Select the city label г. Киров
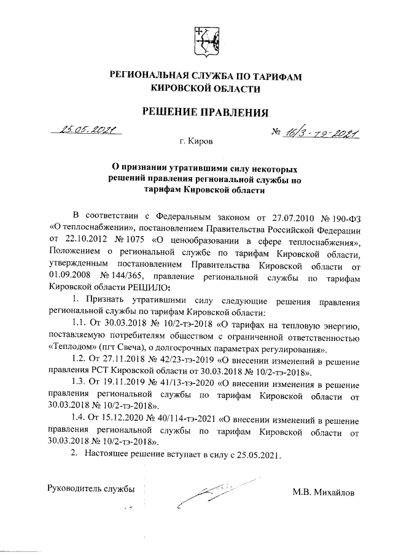196,142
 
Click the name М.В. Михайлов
324,492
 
